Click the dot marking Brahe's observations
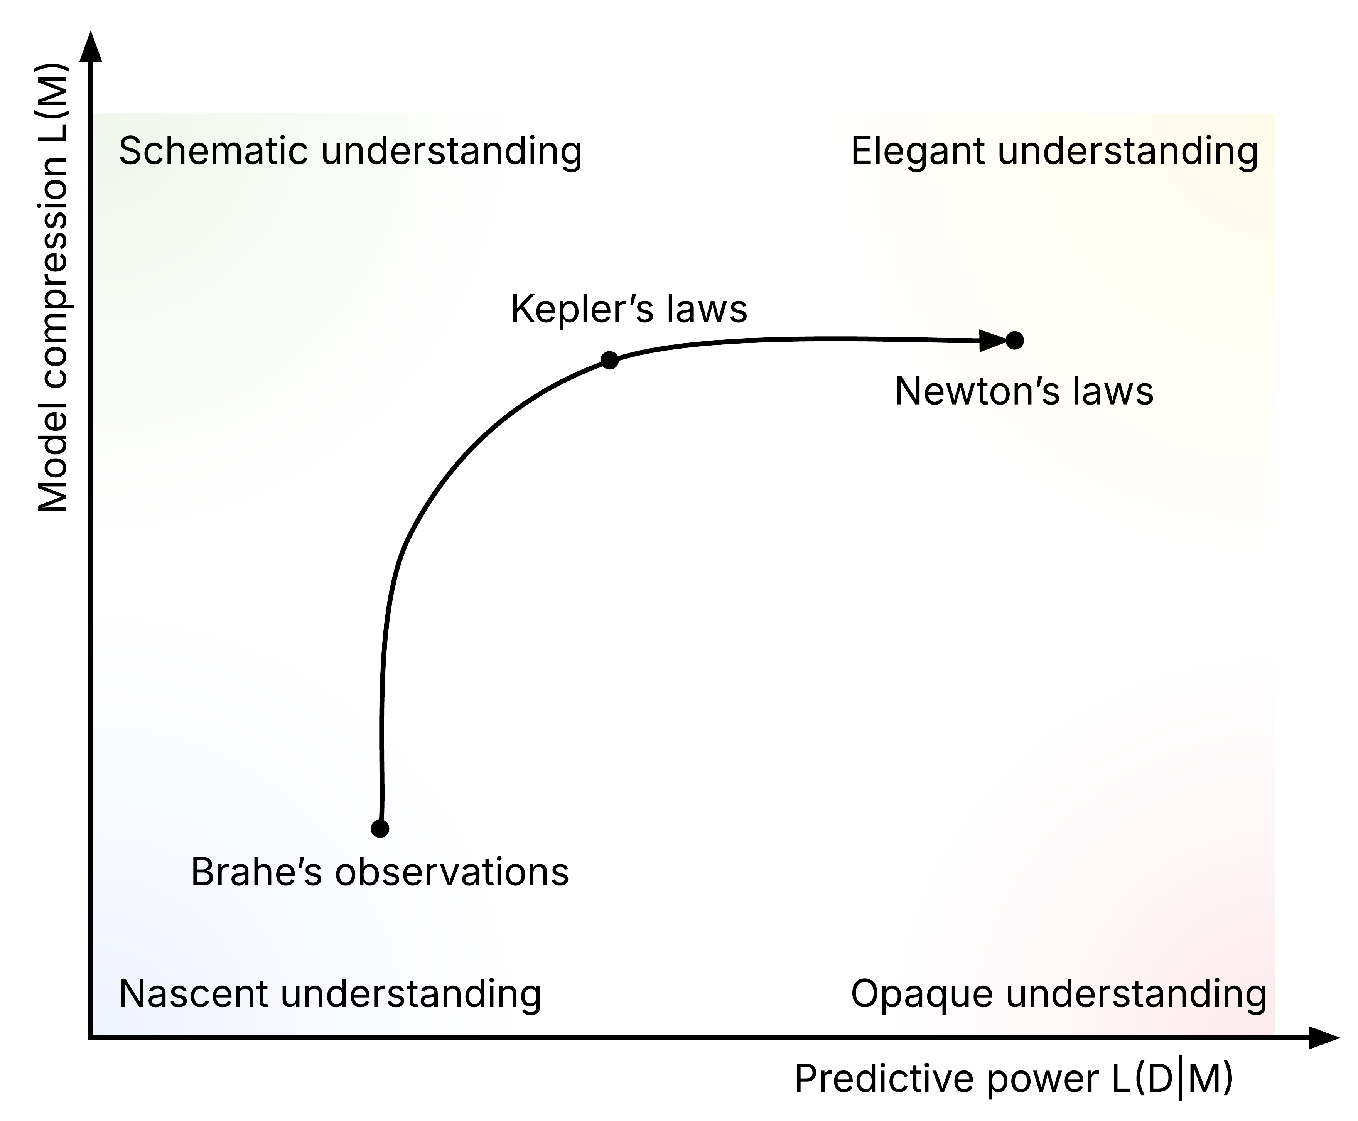[x=380, y=828]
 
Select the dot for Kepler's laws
[x=609, y=360]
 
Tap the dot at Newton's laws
[x=1014, y=340]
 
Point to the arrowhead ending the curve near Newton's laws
[x=993, y=340]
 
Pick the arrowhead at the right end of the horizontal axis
[x=1324, y=1038]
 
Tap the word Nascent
[x=193, y=993]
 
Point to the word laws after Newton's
[x=1113, y=391]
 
